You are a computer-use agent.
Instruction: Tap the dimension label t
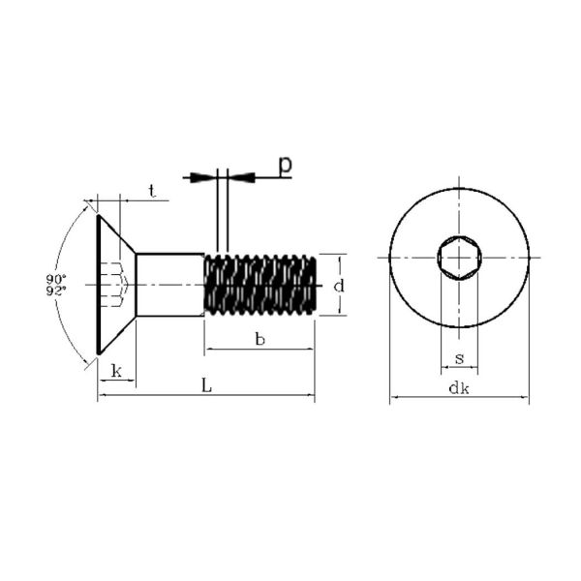tap(152, 191)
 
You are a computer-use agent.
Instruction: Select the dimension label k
tap(117, 371)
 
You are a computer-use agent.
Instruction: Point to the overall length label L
tap(206, 385)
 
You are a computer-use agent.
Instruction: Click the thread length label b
tap(260, 339)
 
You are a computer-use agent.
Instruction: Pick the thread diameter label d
tap(339, 286)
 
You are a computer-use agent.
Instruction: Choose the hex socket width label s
tap(459, 358)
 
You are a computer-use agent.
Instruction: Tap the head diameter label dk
tap(459, 387)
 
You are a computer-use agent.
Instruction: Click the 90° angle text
tap(56, 278)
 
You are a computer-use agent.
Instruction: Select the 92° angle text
tap(56, 290)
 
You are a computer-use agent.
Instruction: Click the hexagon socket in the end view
tap(459, 258)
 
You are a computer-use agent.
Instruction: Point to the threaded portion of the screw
tap(260, 285)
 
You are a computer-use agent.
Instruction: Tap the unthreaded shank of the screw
tap(170, 285)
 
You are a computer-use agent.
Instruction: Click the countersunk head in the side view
tap(116, 285)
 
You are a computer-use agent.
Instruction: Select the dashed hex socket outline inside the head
tap(114, 285)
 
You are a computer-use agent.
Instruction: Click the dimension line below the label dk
tap(459, 397)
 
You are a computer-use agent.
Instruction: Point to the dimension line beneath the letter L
tap(206, 395)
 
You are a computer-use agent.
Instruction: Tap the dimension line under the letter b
tap(260, 349)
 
